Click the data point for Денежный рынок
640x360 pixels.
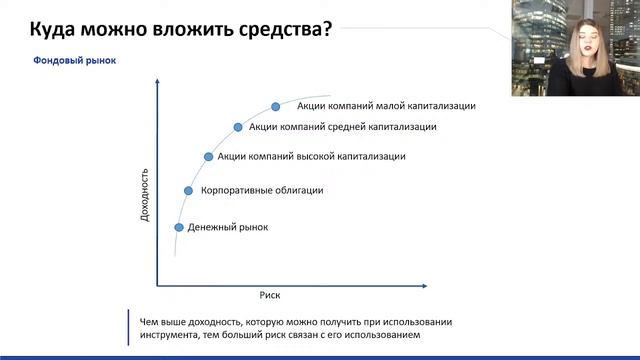(179, 227)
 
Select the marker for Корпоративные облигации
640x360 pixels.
(188, 190)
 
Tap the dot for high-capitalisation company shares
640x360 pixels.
(208, 157)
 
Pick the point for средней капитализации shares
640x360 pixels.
(238, 127)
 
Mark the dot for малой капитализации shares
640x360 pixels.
(276, 105)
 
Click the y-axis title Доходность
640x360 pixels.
(145, 193)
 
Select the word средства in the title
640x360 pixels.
(282, 27)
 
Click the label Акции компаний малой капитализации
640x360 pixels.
(386, 105)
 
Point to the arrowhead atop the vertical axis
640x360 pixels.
(158, 87)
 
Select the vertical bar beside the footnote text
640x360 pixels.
(130, 328)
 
